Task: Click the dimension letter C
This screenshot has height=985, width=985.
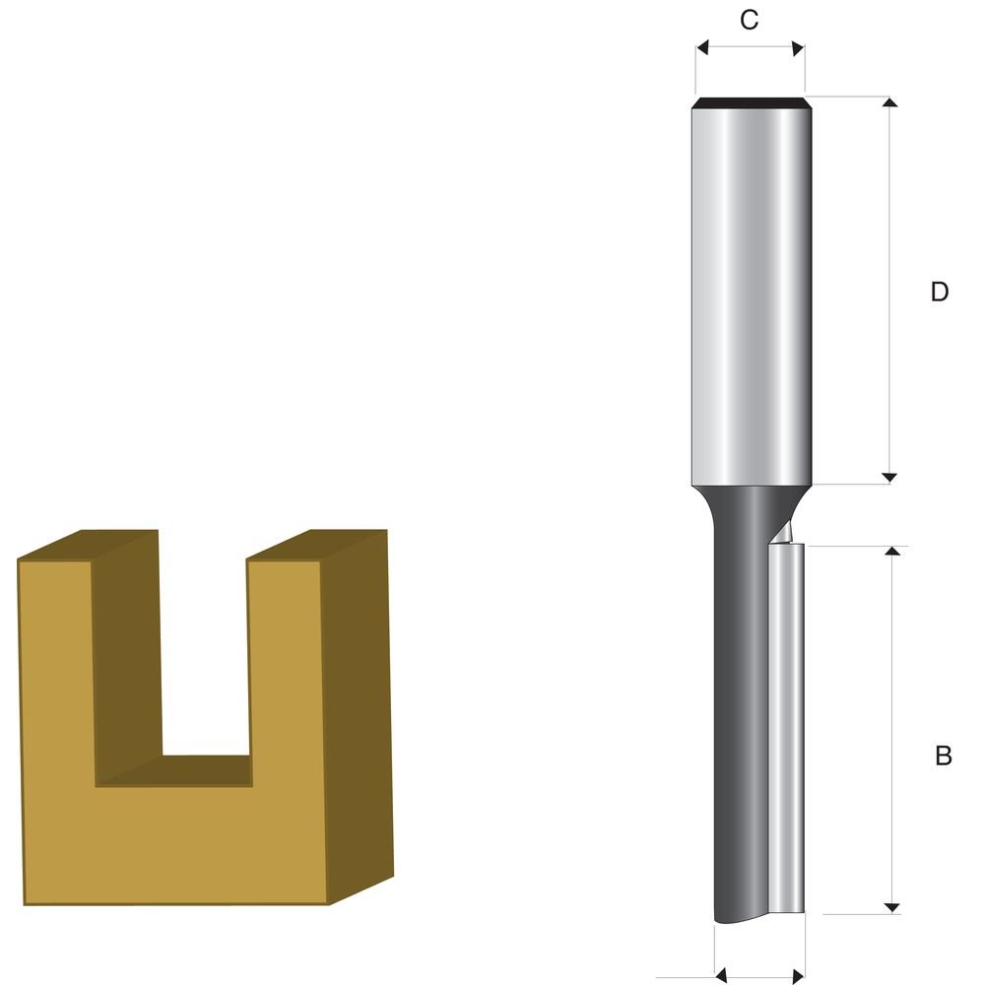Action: [x=749, y=20]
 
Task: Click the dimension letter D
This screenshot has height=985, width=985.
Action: [x=939, y=292]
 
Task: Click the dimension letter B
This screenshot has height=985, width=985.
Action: [x=943, y=755]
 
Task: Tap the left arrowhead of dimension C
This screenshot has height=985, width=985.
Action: [x=702, y=47]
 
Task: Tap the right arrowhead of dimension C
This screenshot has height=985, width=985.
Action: [x=798, y=48]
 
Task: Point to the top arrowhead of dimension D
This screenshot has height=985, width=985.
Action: [x=888, y=102]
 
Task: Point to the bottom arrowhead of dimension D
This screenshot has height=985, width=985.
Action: [x=888, y=478]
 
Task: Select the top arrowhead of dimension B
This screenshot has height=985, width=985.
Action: [x=892, y=551]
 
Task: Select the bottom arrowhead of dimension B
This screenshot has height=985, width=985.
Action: [x=892, y=908]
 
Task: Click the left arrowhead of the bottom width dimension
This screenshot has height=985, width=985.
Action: [x=721, y=975]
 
